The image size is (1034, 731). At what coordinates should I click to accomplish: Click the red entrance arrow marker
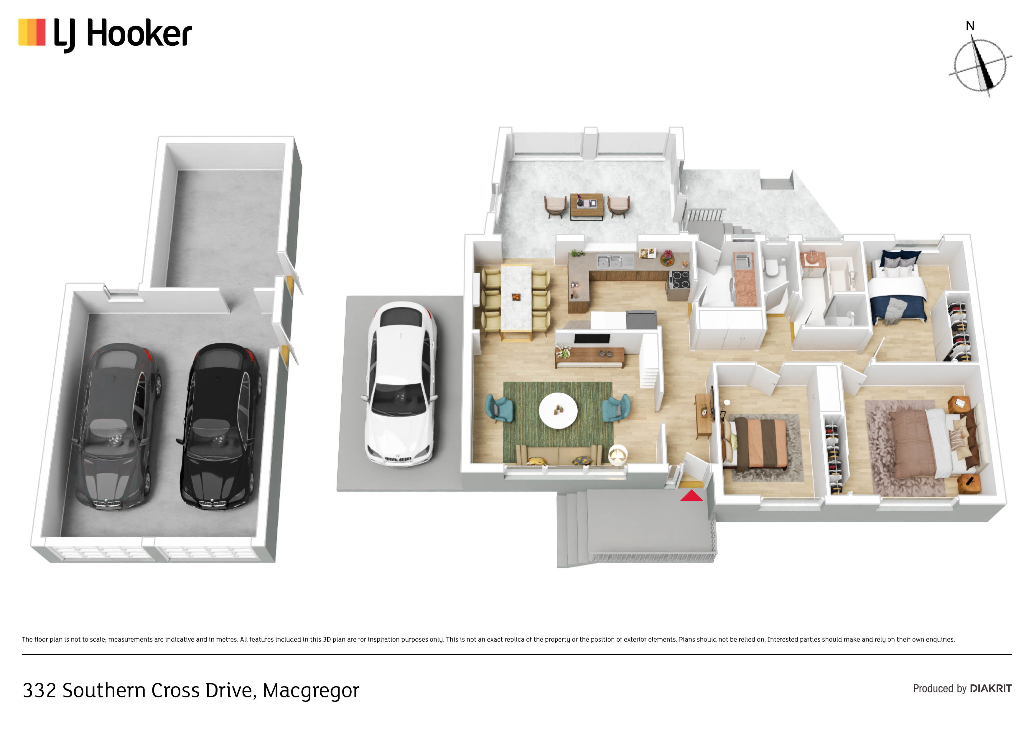coord(691,495)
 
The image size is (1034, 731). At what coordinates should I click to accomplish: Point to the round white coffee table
coord(558,410)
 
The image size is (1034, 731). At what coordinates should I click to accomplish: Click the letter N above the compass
coord(970,26)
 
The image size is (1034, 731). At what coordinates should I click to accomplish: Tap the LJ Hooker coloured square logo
coord(32,32)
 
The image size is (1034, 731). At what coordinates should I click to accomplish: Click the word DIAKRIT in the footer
coord(991,688)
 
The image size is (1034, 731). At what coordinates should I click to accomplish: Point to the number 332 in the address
coord(39,690)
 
